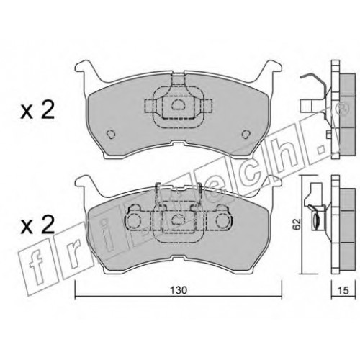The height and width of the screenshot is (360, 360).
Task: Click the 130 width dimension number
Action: (179, 290)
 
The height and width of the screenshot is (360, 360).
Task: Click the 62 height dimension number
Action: (297, 224)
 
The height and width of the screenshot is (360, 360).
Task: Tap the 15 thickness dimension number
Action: (343, 290)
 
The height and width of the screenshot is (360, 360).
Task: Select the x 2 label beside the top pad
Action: (37, 111)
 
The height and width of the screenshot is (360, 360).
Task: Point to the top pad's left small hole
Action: (111, 134)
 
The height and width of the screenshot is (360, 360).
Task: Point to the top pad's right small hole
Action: (246, 134)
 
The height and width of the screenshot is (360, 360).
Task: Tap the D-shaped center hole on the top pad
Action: (178, 104)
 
